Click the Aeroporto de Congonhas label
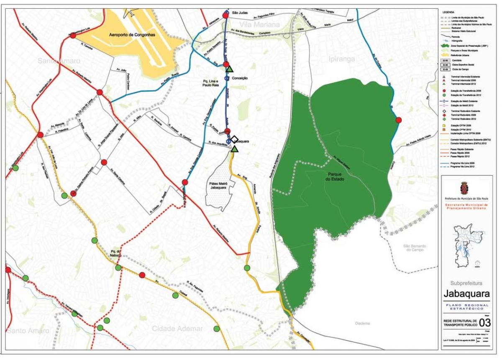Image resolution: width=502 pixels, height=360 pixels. tap(132, 36)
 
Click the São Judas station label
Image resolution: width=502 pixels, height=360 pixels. tap(240, 13)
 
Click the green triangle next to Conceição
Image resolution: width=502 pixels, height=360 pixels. tap(229, 69)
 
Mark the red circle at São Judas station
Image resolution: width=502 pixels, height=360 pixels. tap(225, 15)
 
